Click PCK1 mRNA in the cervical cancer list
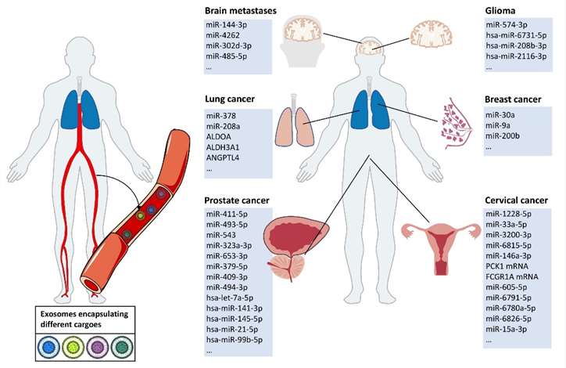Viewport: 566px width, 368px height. (x=509, y=266)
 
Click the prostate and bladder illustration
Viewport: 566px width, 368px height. (x=298, y=244)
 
